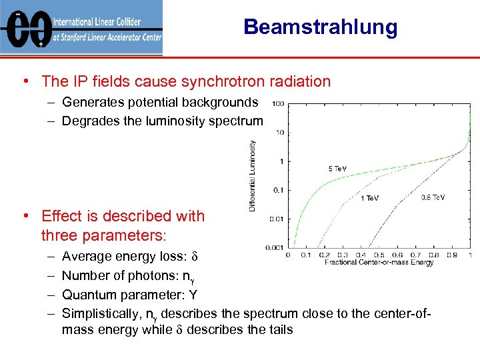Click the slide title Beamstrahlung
320,27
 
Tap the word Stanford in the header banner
83,38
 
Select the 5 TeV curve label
337,168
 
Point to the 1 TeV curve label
370,198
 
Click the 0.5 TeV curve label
433,197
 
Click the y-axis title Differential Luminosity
253,175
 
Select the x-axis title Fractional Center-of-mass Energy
379,263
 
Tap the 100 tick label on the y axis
278,103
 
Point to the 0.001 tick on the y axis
275,247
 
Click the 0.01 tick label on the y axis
277,219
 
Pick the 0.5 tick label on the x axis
379,255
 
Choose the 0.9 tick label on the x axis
451,255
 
